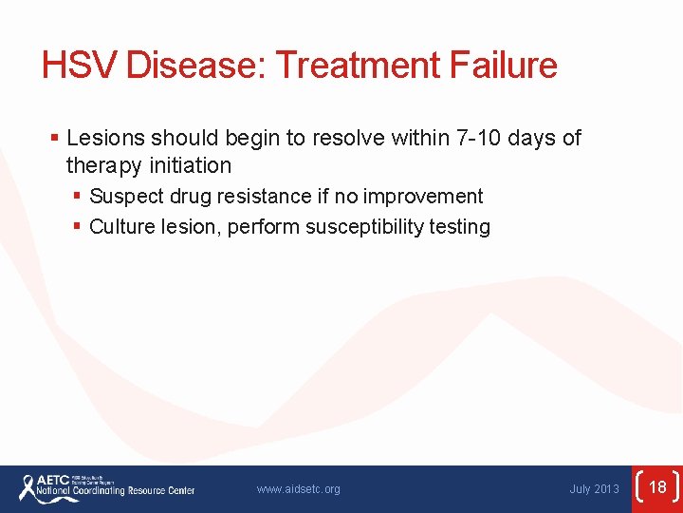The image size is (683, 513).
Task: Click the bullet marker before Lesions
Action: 55,139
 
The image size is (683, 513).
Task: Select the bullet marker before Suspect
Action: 77,197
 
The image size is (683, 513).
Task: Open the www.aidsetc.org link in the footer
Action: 298,489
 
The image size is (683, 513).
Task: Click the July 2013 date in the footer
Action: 594,489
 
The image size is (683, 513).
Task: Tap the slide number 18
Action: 657,488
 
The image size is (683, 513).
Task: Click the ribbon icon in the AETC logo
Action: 28,487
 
